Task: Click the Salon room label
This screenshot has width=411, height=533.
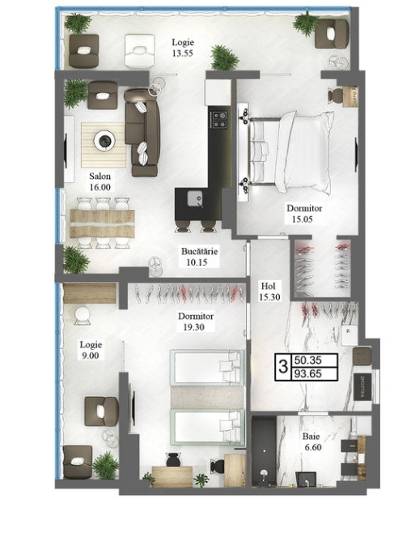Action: point(100,177)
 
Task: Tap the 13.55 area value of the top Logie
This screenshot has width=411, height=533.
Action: point(183,53)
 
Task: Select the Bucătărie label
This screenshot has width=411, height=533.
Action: point(199,252)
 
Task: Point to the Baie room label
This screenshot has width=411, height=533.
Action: point(311,436)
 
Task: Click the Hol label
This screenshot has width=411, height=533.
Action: point(268,285)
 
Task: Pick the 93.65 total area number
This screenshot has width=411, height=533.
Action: point(308,374)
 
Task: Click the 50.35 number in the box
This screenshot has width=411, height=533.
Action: point(308,360)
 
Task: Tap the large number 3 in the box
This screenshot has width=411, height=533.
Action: point(282,367)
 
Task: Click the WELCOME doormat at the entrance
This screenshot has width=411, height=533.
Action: point(362,386)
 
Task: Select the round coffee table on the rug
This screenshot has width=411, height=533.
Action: point(104,140)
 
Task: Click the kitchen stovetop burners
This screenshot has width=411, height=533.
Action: point(219,121)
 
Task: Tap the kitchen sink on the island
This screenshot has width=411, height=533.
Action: point(195,198)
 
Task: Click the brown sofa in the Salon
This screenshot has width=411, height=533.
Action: point(142,133)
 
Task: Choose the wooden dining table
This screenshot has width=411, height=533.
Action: point(102,224)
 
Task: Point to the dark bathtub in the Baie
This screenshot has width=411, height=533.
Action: point(264,450)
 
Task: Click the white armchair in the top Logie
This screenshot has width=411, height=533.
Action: point(139,51)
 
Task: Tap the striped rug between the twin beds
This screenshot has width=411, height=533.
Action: point(207,397)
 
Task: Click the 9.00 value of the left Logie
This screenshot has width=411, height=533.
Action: point(90,356)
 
